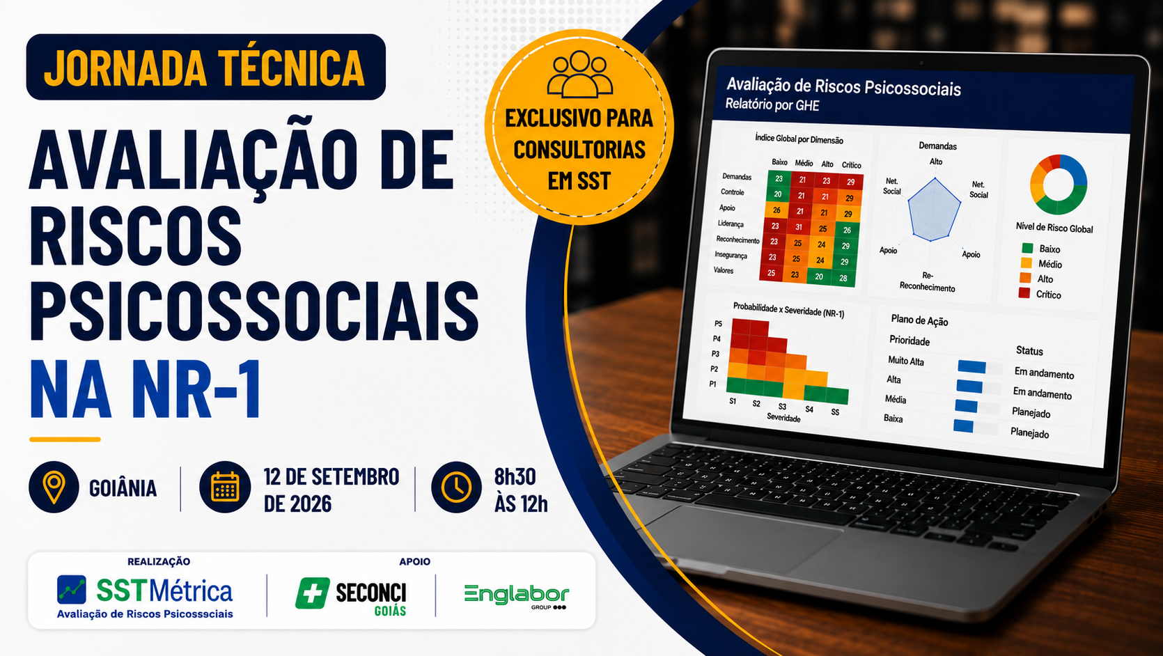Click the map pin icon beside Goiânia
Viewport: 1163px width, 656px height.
54,487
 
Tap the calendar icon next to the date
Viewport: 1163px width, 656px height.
225,487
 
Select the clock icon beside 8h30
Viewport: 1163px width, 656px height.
456,487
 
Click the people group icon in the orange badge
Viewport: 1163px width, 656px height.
579,75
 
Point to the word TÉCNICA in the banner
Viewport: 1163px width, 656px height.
291,68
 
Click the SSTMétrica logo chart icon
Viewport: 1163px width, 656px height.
72,589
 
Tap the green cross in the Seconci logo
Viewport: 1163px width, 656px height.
312,593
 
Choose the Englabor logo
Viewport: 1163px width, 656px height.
517,596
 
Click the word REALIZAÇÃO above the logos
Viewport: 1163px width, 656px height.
159,561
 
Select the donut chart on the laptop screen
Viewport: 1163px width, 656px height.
1058,185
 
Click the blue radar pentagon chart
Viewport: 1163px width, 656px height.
934,210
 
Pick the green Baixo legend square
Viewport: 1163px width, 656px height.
1027,248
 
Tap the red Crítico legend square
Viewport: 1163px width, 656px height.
1024,293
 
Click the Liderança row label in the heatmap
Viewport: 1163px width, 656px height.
731,224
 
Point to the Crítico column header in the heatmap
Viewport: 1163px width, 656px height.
852,165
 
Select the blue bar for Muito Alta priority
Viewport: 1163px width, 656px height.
971,367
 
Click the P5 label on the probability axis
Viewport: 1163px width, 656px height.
718,323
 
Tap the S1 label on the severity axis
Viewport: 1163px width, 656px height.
733,401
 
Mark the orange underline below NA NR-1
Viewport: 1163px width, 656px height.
65,439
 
